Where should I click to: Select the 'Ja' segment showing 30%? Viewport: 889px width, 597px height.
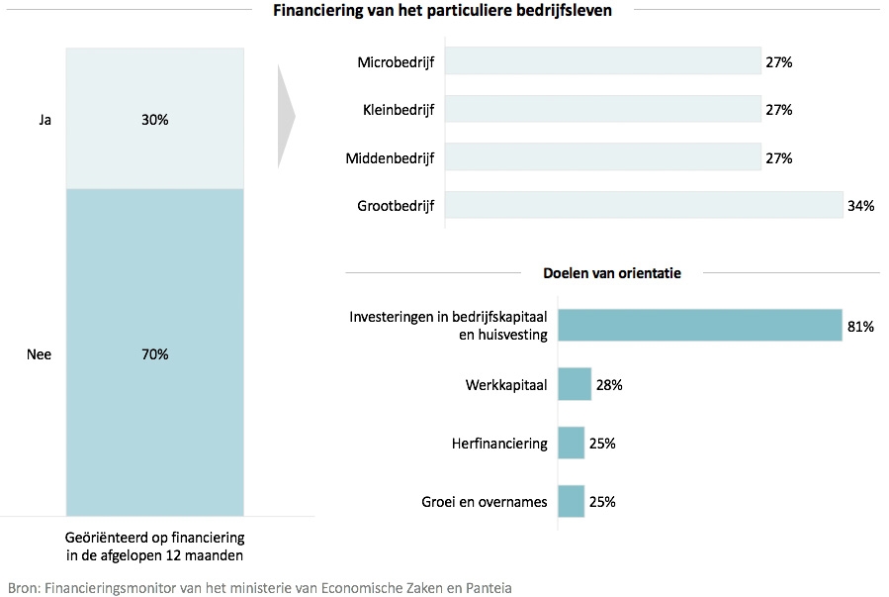[154, 119]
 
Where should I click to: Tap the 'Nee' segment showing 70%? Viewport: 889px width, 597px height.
[154, 353]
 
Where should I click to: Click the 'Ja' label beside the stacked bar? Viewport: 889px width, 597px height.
[44, 120]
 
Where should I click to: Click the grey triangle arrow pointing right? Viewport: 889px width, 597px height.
[286, 117]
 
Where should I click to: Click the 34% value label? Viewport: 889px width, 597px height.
[861, 207]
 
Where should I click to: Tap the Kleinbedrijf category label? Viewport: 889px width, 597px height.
[399, 110]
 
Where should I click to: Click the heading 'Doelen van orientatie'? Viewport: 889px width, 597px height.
[612, 273]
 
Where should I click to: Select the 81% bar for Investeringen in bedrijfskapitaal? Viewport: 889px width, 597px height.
[699, 325]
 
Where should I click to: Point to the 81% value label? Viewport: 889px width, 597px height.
[860, 326]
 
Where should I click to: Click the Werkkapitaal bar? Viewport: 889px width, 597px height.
[575, 384]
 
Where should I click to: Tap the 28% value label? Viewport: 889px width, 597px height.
[608, 385]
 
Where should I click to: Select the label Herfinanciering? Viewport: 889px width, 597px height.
[499, 444]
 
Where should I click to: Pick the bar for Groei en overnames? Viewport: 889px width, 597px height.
[571, 501]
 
